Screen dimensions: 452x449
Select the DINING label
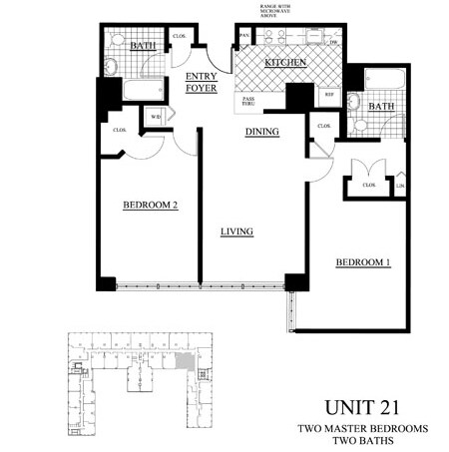[x=261, y=131]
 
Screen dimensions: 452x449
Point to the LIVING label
[x=236, y=231]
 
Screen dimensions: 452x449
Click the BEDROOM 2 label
[x=150, y=206]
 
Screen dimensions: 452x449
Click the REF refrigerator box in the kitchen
[x=328, y=95]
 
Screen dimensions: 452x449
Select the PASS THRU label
[x=246, y=102]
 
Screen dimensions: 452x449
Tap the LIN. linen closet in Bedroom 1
[x=400, y=186]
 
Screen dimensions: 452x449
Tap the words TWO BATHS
[x=361, y=440]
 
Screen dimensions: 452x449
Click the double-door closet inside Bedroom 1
[x=367, y=184]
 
